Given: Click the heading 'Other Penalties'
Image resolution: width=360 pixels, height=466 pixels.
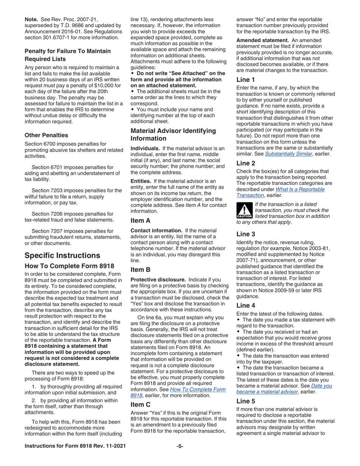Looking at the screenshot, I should click(46, 135).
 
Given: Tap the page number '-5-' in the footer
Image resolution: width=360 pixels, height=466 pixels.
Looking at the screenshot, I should click(180, 457).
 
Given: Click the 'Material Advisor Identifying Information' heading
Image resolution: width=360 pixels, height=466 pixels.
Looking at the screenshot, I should click(173, 134).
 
